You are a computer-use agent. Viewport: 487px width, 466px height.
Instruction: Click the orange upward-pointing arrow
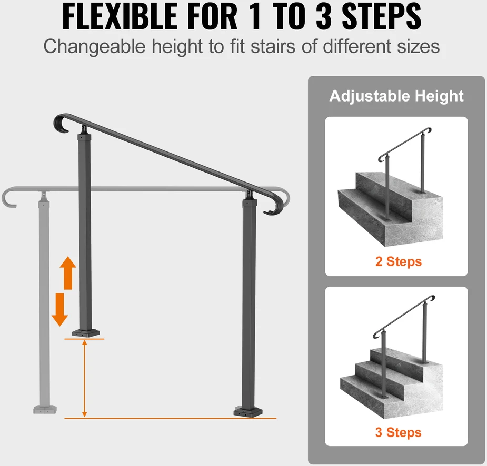(68, 273)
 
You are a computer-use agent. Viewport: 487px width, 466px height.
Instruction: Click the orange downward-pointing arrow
(59, 310)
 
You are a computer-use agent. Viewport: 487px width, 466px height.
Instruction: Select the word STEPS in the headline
(381, 16)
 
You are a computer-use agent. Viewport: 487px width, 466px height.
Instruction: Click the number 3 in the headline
(324, 16)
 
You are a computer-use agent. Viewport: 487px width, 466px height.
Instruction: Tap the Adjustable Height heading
(396, 96)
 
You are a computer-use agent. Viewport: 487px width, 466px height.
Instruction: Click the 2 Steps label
(399, 261)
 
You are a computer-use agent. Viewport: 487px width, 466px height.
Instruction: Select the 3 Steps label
(398, 432)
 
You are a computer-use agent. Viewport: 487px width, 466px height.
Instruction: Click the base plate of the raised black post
(86, 333)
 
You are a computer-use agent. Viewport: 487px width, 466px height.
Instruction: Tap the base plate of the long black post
(248, 412)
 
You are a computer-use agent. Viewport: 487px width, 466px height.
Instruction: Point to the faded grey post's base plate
(45, 410)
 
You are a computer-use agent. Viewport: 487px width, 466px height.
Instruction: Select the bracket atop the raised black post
(84, 130)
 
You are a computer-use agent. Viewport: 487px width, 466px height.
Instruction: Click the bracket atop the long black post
(250, 196)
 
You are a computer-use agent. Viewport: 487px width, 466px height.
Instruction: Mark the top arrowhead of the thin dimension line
(84, 342)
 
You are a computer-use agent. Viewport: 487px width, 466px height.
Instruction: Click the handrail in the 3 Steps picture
(403, 317)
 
